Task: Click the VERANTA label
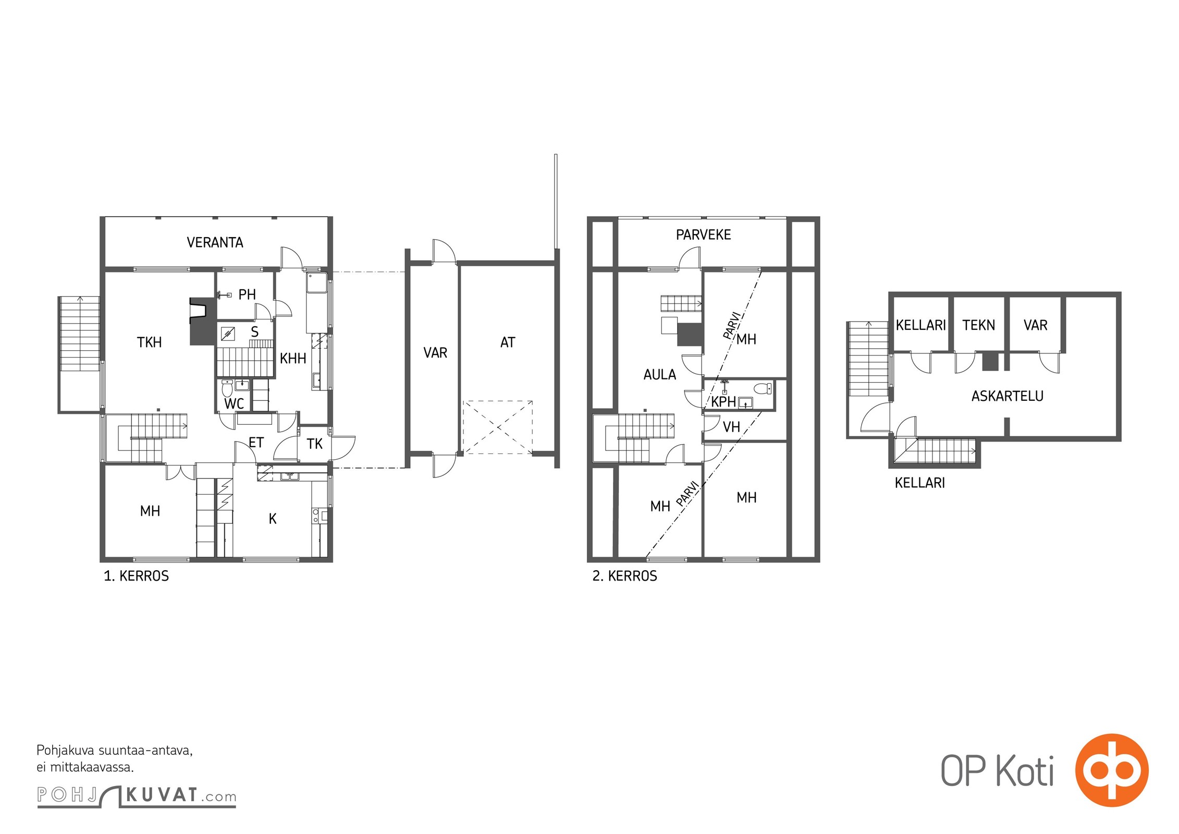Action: [215, 242]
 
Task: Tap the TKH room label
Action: [149, 342]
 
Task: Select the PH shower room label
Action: [247, 295]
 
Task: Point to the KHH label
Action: [293, 359]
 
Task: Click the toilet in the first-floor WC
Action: [227, 388]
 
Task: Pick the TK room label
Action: [314, 444]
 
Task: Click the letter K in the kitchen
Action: [273, 519]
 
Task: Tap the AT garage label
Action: [508, 342]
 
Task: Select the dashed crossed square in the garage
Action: [498, 427]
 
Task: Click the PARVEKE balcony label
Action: [703, 235]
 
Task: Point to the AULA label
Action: [659, 375]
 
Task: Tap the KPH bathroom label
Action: [723, 402]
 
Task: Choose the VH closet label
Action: [731, 427]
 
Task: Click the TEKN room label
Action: [978, 325]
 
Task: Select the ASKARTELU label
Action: [1007, 396]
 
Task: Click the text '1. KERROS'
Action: [136, 576]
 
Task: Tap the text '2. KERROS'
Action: [624, 576]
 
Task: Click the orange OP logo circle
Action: [1112, 770]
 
